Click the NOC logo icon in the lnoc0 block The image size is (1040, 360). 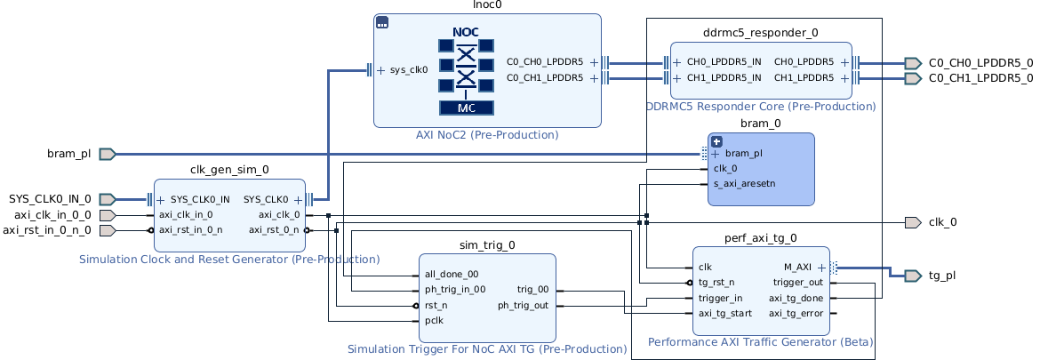coord(466,70)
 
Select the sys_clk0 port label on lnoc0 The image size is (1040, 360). coord(409,69)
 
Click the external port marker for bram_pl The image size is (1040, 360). coord(108,154)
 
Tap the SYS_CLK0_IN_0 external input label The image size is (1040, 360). coord(50,199)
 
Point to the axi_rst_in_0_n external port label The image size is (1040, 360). coord(46,230)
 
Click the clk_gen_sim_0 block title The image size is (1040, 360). coord(229,169)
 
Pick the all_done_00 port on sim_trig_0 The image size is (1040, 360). coord(452,275)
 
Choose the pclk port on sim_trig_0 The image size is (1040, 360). coord(435,320)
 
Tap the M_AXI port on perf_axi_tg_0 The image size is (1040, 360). coord(796,267)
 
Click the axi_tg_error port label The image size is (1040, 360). coord(796,313)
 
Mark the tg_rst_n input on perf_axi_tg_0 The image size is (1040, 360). coord(716,283)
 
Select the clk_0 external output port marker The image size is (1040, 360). coord(912,222)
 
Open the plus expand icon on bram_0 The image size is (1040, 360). coord(716,141)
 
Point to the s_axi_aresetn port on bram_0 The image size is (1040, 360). coord(744,184)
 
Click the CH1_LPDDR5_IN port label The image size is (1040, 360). coord(724,77)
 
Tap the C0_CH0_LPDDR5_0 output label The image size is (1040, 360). coord(980,62)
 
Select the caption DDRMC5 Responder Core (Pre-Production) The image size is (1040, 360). coord(761,107)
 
